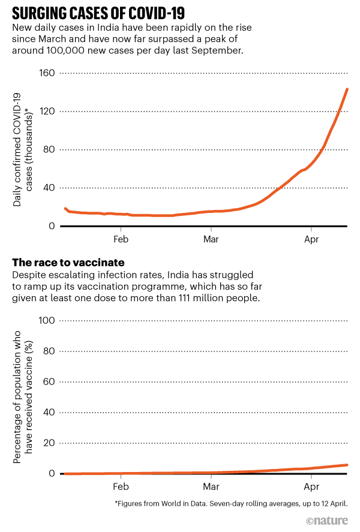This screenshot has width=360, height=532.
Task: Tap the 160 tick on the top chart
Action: pos(47,73)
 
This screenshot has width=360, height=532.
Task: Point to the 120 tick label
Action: pos(47,112)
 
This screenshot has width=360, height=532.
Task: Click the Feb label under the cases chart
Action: pos(121,238)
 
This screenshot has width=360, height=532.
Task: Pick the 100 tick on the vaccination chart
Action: pos(47,321)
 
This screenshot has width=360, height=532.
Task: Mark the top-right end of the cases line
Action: pos(347,89)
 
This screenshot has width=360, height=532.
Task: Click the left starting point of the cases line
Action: pos(65,208)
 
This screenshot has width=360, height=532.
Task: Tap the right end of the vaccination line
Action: pos(347,465)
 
